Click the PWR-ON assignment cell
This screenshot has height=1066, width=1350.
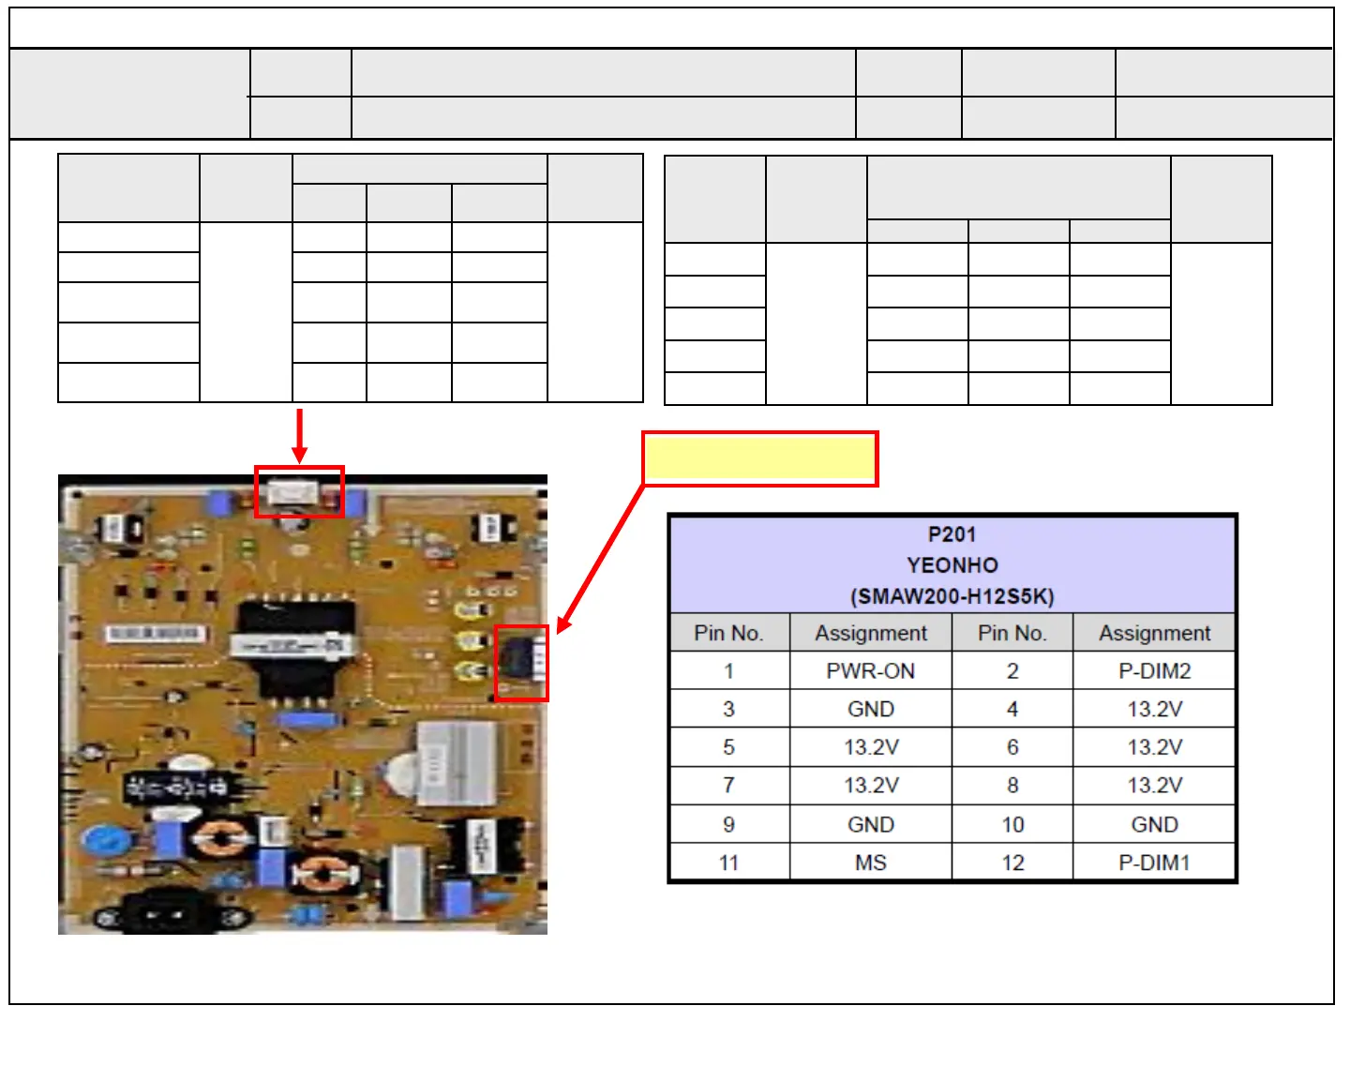[870, 671]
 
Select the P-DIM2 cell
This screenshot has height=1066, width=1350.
[1154, 671]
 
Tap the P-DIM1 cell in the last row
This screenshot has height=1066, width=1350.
[1154, 863]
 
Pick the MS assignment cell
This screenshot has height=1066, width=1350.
[870, 863]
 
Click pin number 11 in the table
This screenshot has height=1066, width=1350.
[728, 863]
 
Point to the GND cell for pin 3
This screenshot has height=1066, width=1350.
[870, 710]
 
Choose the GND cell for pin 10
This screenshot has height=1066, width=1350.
[1154, 824]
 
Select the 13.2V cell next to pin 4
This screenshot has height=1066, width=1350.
[1154, 710]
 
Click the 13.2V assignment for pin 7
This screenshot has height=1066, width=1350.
[870, 786]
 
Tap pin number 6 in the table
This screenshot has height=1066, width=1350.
[1012, 747]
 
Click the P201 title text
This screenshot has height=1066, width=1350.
[952, 534]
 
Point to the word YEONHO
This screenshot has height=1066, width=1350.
[952, 565]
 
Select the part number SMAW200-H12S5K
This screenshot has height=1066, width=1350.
[952, 596]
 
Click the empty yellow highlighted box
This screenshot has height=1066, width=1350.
[759, 459]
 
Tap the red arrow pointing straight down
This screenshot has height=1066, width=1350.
[299, 435]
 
